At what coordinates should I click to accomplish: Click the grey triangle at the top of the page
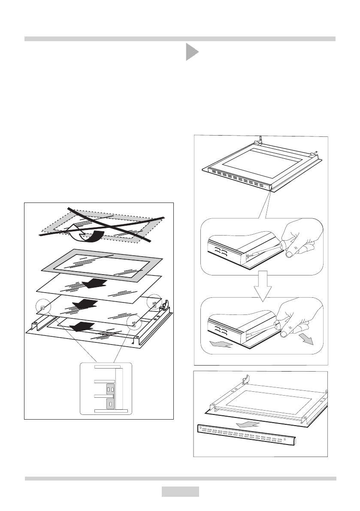tap(191, 52)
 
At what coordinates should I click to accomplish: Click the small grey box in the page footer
tap(180, 491)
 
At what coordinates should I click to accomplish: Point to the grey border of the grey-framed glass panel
tap(51, 266)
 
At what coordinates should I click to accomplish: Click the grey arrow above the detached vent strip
tap(250, 424)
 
